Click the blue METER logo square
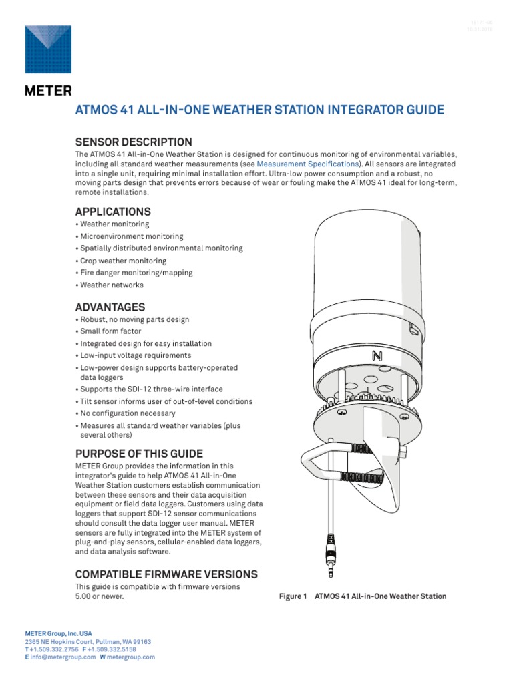point(49,49)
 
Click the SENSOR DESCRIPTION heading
point(134,142)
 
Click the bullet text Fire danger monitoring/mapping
point(136,273)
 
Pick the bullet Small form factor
point(111,331)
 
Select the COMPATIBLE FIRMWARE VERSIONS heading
point(166,574)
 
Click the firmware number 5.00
point(85,597)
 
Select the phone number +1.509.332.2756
point(57,649)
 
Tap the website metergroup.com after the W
point(132,657)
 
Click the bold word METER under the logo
point(48,91)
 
